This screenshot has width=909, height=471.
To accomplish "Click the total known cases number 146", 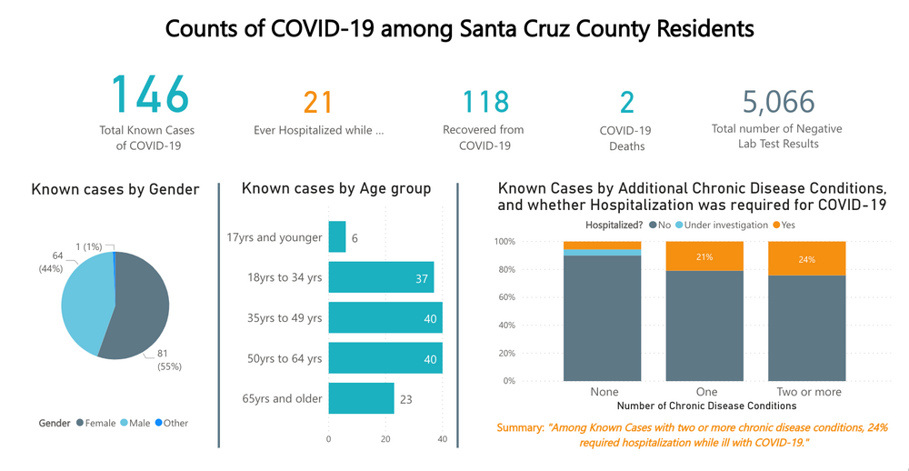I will point(150,95).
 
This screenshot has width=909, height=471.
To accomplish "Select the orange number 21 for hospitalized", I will point(318,103).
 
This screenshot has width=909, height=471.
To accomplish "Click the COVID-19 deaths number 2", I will point(626,103).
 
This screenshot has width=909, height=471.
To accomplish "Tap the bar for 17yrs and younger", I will point(336,237).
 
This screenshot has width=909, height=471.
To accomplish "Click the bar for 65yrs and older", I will point(361,398).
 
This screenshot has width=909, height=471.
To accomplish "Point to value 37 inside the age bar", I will point(421,278).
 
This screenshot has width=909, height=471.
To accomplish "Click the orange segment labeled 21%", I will point(704,256).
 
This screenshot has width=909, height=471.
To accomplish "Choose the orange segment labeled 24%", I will point(806,258).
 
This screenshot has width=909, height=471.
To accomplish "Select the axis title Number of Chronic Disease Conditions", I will point(706,406).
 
